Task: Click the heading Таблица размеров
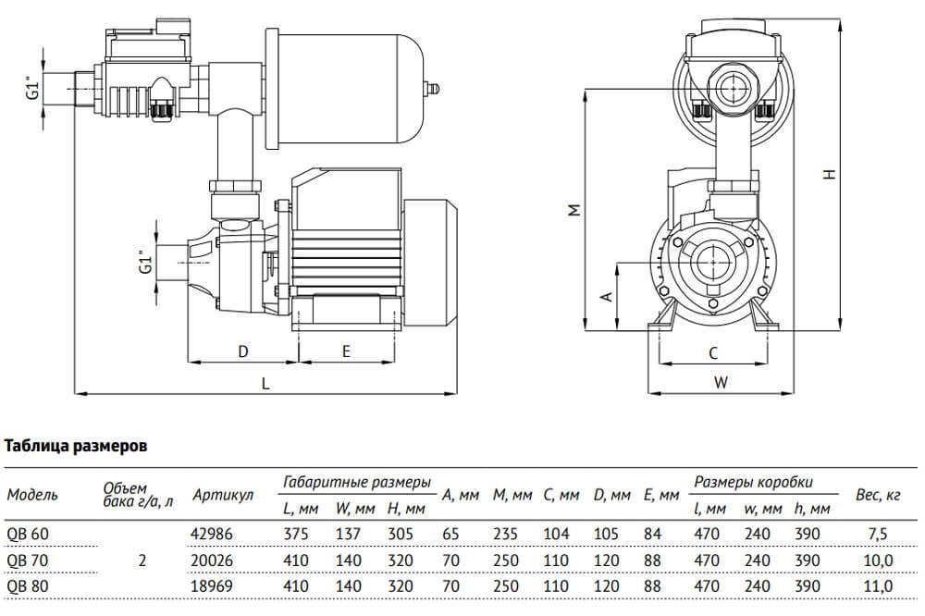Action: pos(76,446)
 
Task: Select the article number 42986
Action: pos(211,534)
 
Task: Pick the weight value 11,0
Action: pos(878,586)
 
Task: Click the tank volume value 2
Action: pos(141,560)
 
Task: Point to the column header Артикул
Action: pos(223,496)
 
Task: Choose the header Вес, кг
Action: pos(878,496)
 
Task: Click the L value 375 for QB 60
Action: pos(293,534)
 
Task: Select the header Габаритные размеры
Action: pos(357,482)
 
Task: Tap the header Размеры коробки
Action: pos(753,482)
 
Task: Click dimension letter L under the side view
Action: pos(265,383)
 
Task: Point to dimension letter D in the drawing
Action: pos(243,351)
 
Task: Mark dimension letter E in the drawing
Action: pos(346,351)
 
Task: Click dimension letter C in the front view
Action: pos(713,352)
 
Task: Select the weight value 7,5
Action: pos(878,534)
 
